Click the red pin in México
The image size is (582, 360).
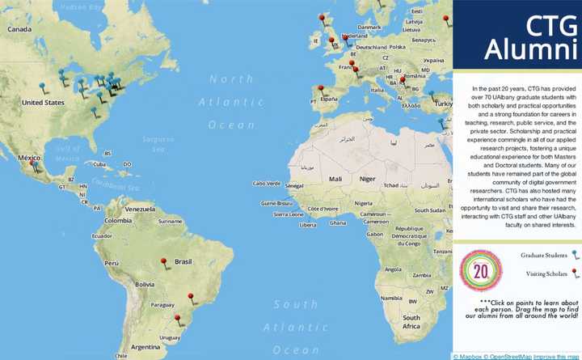(x=33, y=164)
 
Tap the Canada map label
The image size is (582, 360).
(x=19, y=29)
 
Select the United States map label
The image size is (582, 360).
(x=42, y=103)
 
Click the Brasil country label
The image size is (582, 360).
(x=183, y=262)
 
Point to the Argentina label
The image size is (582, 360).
(x=145, y=347)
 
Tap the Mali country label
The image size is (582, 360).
(x=336, y=178)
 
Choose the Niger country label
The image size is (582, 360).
(x=368, y=178)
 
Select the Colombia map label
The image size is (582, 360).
(x=118, y=220)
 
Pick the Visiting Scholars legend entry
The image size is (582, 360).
(x=546, y=273)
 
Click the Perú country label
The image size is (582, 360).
(x=112, y=263)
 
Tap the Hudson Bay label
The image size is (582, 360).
(x=78, y=6)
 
